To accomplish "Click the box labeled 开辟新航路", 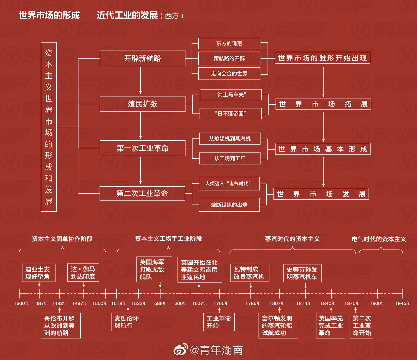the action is tap(142, 59).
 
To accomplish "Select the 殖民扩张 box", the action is tap(142, 104).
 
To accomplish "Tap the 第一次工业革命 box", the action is tap(142, 148).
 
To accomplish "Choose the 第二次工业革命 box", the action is tap(142, 193).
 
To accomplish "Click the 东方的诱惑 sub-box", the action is tap(229, 43).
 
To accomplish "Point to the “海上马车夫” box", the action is tap(231, 95).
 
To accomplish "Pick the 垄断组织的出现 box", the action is tap(229, 205).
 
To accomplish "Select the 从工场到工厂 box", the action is tap(230, 158).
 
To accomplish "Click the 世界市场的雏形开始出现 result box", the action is tap(322, 58).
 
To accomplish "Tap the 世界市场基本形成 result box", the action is tap(323, 149).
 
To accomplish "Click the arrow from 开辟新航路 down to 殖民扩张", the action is tap(141, 81).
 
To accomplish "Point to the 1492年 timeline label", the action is tap(59, 303).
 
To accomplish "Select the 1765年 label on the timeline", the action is tap(221, 303).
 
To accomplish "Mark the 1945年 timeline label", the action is tap(403, 303).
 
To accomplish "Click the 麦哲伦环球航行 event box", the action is tap(126, 322).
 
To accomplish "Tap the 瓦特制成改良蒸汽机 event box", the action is tap(250, 273).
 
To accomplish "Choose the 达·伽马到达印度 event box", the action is tap(83, 272).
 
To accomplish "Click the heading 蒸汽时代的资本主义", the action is tap(292, 239).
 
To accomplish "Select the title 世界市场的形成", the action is tap(49, 15).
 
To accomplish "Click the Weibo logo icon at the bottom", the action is tap(181, 350).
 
